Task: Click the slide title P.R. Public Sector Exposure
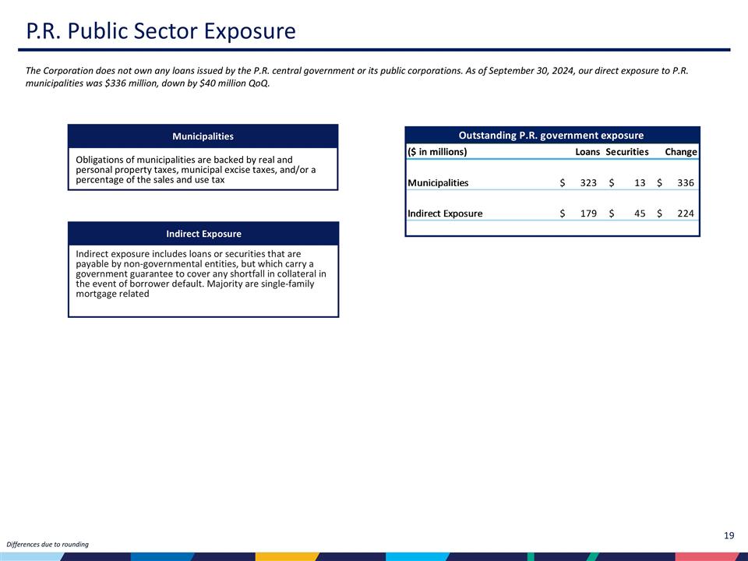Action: pyautogui.click(x=161, y=31)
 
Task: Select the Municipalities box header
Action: pyautogui.click(x=203, y=136)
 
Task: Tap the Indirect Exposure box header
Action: pyautogui.click(x=203, y=234)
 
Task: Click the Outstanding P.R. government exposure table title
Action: pyautogui.click(x=551, y=136)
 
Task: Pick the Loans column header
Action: pyautogui.click(x=587, y=152)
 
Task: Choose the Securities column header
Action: pyautogui.click(x=627, y=152)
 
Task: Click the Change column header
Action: pyautogui.click(x=680, y=152)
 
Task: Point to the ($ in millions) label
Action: pyautogui.click(x=437, y=152)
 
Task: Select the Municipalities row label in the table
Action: pyautogui.click(x=438, y=183)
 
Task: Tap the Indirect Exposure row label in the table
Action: pyautogui.click(x=445, y=213)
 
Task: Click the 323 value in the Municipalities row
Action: pyautogui.click(x=588, y=183)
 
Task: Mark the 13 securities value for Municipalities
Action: pyautogui.click(x=640, y=183)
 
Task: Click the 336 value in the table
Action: pyautogui.click(x=686, y=183)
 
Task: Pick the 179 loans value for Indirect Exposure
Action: pyautogui.click(x=588, y=213)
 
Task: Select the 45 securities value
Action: pyautogui.click(x=640, y=213)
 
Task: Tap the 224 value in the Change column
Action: pyautogui.click(x=686, y=213)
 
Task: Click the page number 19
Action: pyautogui.click(x=729, y=535)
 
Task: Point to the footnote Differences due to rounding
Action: pyautogui.click(x=48, y=544)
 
